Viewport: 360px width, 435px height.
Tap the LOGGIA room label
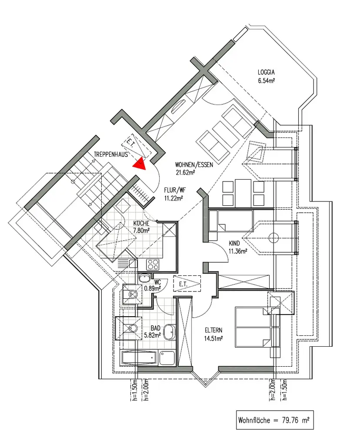pyautogui.click(x=267, y=73)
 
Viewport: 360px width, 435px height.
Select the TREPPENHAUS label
pyautogui.click(x=110, y=154)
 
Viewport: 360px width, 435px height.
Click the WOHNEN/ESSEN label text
pyautogui.click(x=194, y=165)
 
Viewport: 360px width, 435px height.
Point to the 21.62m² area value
pyautogui.click(x=185, y=172)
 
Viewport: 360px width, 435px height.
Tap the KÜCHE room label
pyautogui.click(x=141, y=224)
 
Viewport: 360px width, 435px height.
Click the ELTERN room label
pyautogui.click(x=213, y=330)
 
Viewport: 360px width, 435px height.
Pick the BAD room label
pyautogui.click(x=156, y=328)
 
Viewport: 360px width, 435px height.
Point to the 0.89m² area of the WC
pyautogui.click(x=153, y=287)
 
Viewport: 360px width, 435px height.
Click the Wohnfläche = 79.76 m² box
pyautogui.click(x=274, y=421)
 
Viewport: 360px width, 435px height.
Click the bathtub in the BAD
pyautogui.click(x=138, y=358)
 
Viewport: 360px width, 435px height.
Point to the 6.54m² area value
pyautogui.click(x=267, y=80)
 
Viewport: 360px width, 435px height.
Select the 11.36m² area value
pyautogui.click(x=238, y=251)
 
